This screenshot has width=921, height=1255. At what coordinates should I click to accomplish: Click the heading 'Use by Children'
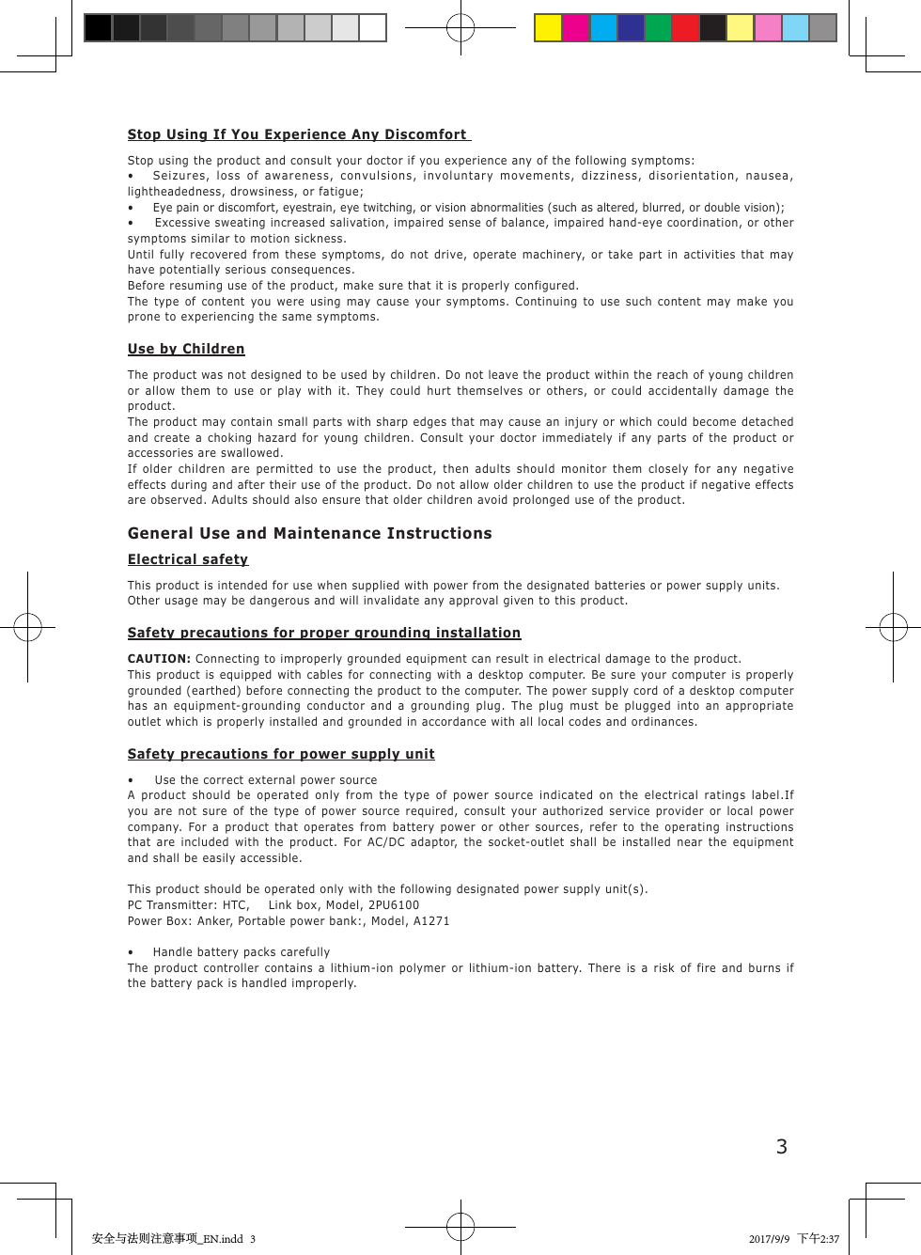point(186,349)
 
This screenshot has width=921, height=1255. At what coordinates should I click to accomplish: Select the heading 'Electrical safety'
point(188,559)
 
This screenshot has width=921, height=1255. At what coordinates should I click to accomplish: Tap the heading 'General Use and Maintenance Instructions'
point(309,533)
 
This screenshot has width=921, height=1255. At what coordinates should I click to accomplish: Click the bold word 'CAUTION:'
point(159,659)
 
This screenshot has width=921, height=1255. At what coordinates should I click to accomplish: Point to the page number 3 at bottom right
point(781,1146)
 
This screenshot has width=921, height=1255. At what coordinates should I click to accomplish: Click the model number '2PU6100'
point(394,905)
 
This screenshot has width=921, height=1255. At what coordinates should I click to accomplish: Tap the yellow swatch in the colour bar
point(548,28)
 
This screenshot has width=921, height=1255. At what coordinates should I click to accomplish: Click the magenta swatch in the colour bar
point(575,28)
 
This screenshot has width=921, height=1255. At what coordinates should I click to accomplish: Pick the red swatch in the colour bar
point(685,28)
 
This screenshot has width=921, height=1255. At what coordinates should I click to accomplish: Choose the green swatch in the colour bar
point(658,28)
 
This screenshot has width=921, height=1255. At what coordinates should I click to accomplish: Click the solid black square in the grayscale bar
point(98,28)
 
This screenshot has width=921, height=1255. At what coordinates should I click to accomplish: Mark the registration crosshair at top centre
point(460,28)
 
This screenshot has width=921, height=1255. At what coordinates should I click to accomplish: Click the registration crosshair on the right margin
point(893,627)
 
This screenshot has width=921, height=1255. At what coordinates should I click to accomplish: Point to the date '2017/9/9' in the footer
point(769,1239)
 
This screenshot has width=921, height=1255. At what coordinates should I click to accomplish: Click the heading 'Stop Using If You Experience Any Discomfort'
point(297,134)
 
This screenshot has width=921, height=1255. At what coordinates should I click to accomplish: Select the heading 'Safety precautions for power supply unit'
point(281,754)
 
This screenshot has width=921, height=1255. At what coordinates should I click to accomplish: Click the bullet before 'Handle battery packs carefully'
point(131,952)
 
